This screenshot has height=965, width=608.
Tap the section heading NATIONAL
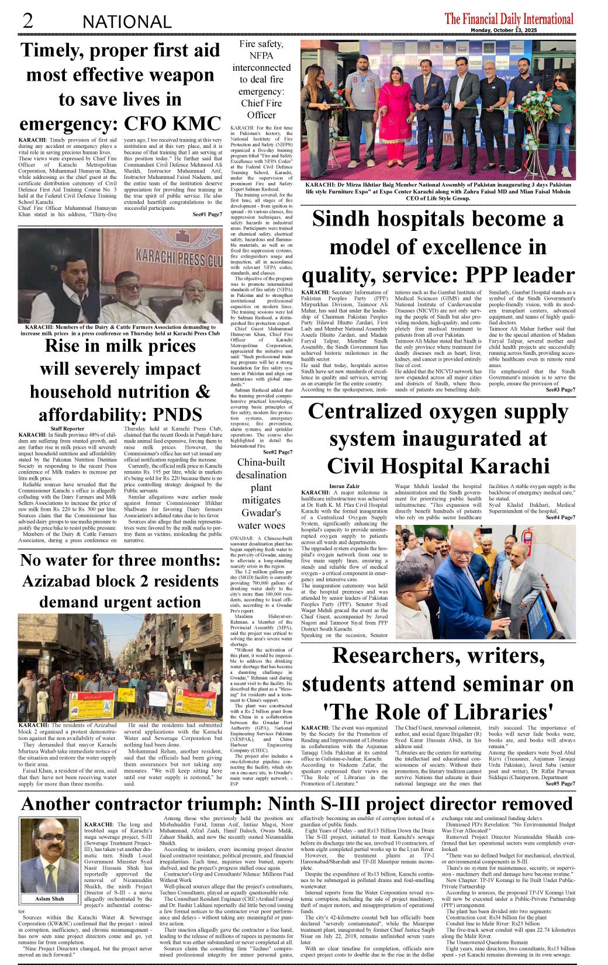click(x=127, y=22)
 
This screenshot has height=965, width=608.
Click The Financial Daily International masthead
click(x=509, y=19)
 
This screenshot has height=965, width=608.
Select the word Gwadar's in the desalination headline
click(x=261, y=513)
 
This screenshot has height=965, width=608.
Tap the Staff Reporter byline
click(x=67, y=428)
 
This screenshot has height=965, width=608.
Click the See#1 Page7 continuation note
click(x=207, y=215)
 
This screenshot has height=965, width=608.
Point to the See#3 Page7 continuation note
click(x=560, y=389)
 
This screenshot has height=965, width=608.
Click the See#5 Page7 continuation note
click(x=560, y=784)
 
